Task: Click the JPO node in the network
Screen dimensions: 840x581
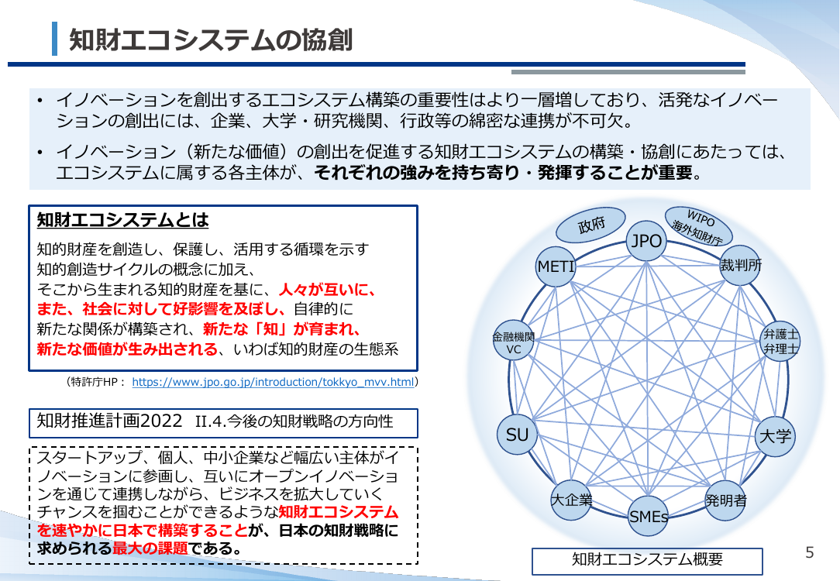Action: point(646,241)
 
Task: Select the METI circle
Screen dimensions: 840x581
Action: point(556,266)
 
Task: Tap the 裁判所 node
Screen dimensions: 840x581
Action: point(740,265)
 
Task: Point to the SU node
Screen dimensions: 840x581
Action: point(518,435)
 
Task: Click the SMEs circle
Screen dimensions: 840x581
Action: point(649,516)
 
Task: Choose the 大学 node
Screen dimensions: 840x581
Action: point(775,436)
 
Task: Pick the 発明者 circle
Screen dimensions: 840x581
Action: point(725,500)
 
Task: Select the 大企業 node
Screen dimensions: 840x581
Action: point(572,500)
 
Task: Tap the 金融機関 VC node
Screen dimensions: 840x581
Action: point(513,341)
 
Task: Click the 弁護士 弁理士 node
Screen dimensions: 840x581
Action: point(780,341)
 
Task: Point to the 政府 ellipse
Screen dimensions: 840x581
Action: point(590,225)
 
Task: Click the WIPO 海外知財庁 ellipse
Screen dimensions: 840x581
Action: point(698,226)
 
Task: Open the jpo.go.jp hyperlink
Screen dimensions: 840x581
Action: point(273,382)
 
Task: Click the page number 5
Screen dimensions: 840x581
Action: point(810,552)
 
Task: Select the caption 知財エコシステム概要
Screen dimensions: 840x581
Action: point(647,559)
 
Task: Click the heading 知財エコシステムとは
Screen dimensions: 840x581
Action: point(122,219)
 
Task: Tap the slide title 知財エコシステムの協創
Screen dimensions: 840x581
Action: point(211,40)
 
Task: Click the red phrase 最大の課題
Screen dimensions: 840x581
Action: point(150,548)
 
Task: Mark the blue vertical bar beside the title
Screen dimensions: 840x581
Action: point(55,39)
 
